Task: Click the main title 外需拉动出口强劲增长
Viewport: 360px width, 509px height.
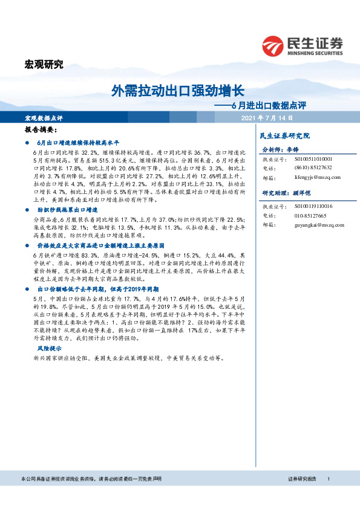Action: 178,91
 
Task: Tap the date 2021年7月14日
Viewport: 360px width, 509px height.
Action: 267,118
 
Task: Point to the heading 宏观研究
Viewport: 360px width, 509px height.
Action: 43,65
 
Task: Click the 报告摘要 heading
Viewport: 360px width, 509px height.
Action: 41,130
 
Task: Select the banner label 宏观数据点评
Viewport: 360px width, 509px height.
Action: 44,118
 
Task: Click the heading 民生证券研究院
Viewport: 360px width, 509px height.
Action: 284,135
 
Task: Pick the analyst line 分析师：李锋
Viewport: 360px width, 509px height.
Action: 280,149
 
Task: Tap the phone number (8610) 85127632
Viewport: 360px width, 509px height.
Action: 314,168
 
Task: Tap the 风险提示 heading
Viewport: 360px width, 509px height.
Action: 49,349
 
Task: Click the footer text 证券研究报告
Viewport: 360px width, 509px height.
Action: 302,495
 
